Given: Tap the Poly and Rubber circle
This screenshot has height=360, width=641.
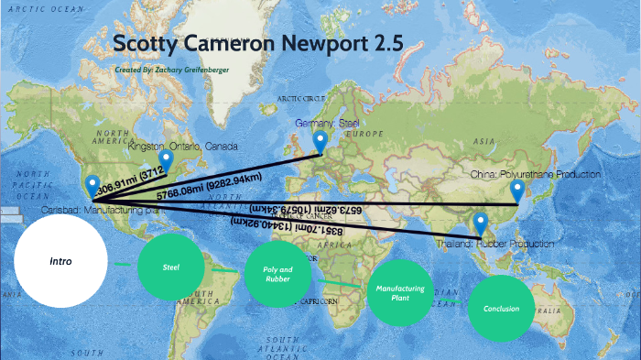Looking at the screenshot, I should point(277,275).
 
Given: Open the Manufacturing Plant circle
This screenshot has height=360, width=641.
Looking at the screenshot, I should point(399,293).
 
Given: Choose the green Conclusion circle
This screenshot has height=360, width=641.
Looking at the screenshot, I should point(501,309).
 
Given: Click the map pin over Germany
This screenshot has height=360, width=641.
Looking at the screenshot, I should point(320,142).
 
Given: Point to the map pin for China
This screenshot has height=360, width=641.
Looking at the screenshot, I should point(517,191).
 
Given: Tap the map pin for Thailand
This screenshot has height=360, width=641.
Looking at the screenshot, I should point(479,223).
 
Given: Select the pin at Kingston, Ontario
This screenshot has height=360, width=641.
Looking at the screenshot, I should point(166,162).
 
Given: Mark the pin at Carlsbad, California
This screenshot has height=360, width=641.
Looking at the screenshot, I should point(91,187).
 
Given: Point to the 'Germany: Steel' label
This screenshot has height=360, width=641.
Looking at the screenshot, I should point(322,123).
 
